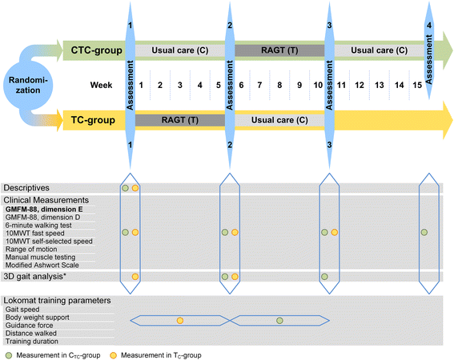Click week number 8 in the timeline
(278, 85)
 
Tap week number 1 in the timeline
(142, 85)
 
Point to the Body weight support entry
(41, 320)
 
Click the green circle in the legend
(7, 353)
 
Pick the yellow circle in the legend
(114, 353)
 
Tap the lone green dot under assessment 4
(424, 232)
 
